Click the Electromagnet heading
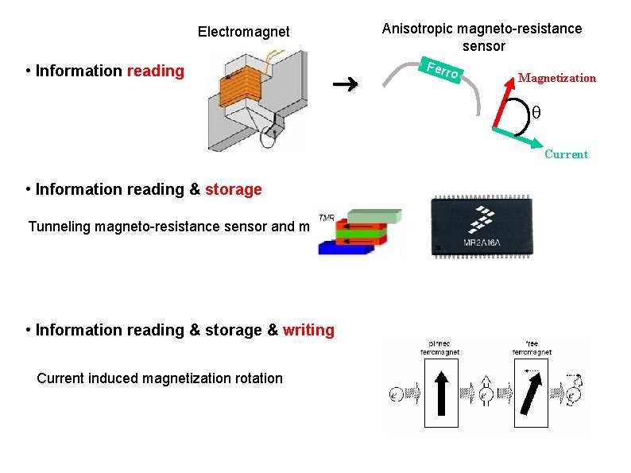(x=243, y=33)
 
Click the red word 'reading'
(x=156, y=72)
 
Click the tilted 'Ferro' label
(x=443, y=70)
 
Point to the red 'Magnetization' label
(x=556, y=78)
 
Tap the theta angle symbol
(x=535, y=113)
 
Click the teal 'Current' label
(x=566, y=154)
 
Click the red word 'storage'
(x=234, y=190)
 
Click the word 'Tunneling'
(x=60, y=227)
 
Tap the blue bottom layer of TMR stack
(x=341, y=247)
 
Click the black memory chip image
(x=482, y=227)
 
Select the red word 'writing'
(x=308, y=330)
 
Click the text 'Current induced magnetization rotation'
(x=160, y=378)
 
